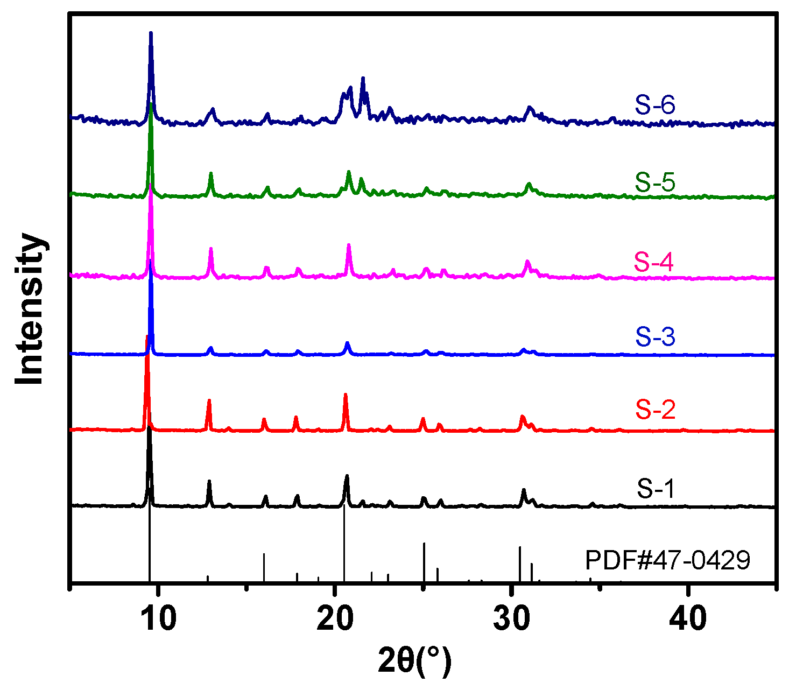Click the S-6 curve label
point(654,105)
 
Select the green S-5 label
point(654,182)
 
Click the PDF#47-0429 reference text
point(667,561)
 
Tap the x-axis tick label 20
point(335,619)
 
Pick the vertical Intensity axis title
point(30,309)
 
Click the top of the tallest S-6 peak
point(151,33)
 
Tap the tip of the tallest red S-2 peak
point(146,337)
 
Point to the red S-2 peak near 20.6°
point(346,395)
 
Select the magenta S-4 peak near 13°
point(211,249)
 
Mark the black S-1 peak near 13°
point(209,482)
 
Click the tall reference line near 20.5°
point(344,544)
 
